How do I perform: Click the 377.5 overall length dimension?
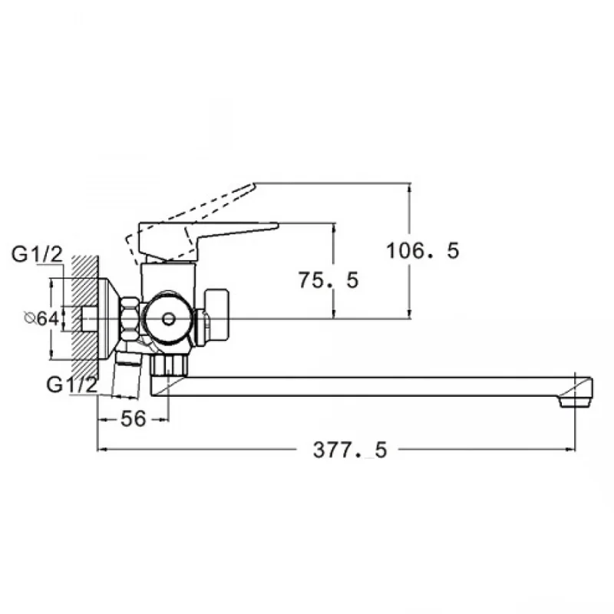(350, 450)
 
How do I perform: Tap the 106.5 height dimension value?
(423, 251)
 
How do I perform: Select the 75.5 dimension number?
(328, 280)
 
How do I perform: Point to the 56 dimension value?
(133, 419)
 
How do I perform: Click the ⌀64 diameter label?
(41, 319)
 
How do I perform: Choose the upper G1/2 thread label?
(37, 255)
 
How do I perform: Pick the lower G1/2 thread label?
(71, 385)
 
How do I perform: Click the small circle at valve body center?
(168, 319)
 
